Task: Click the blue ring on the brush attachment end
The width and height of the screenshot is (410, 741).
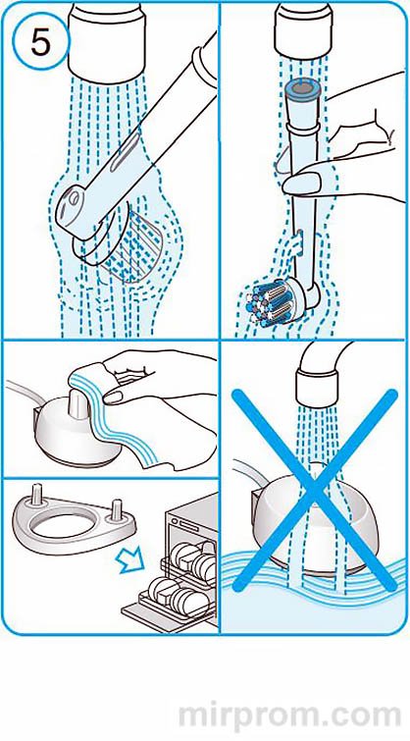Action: [x=303, y=89]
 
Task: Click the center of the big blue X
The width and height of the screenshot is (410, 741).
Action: [x=314, y=490]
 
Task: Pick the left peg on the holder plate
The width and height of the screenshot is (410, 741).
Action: [x=36, y=493]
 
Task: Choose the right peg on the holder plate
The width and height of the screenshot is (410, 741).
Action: [x=116, y=510]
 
